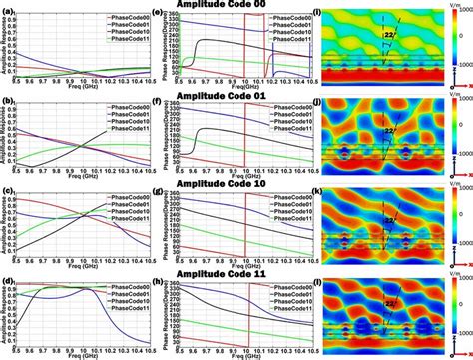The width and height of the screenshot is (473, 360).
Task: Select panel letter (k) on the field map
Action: coord(317,189)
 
